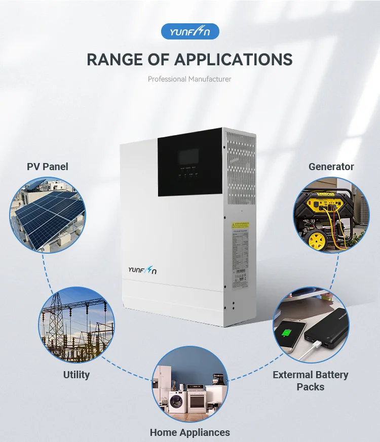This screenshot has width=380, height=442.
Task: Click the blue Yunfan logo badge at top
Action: pos(190,31)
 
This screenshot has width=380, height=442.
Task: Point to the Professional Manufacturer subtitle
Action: pos(189,79)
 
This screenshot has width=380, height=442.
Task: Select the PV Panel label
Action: pos(47,167)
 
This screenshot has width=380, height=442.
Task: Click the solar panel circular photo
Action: pos(48,215)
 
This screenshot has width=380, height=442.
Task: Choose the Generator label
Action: pos(331,167)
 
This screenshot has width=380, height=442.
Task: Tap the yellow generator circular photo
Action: pos(331,215)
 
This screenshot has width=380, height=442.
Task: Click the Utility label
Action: pos(77,375)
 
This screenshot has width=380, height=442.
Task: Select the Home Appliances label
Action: pos(189,432)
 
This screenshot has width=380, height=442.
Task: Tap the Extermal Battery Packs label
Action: pos(310,381)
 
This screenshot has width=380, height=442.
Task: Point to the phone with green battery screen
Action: pos(287,335)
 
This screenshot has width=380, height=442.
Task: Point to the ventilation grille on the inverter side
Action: pos(239,170)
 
